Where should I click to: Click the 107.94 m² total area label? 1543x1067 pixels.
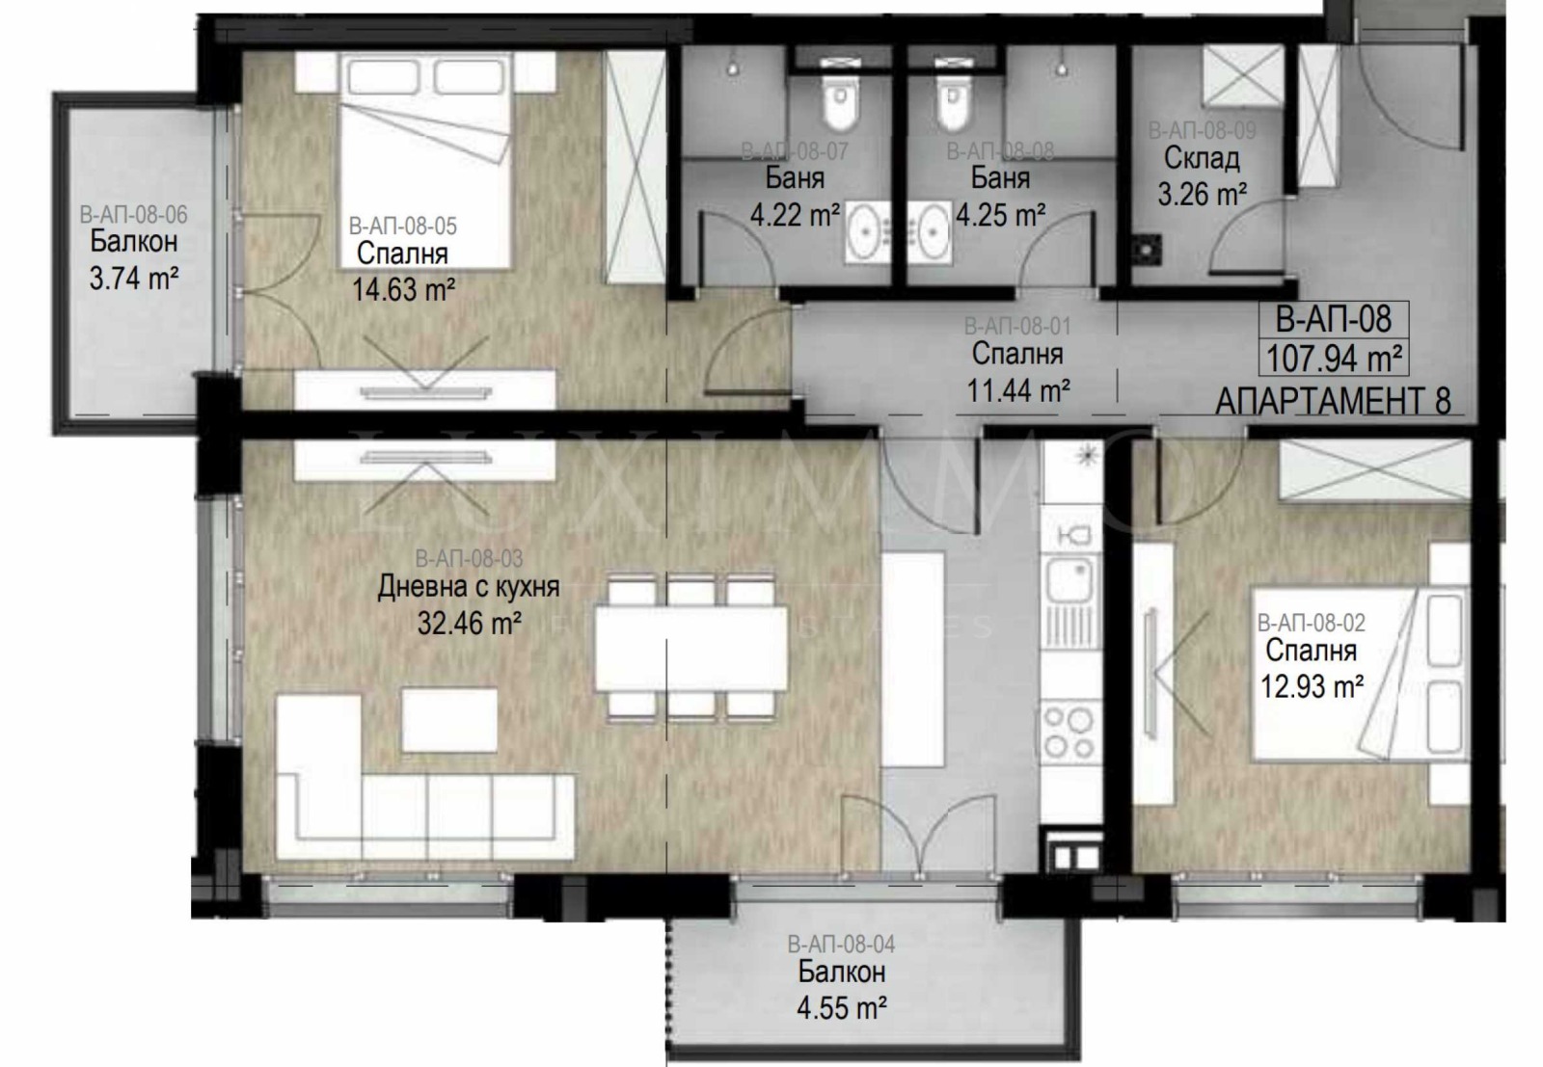coord(1333,359)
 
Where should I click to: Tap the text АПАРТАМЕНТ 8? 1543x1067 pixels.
coord(1333,400)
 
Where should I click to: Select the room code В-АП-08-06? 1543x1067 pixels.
coord(133,215)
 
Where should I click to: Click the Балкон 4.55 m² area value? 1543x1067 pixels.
coord(842,1008)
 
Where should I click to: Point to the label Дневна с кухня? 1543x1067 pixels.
coord(469,587)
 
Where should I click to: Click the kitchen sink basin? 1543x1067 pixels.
coord(1067,579)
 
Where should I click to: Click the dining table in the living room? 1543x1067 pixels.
coord(690,647)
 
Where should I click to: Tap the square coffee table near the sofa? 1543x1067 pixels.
coord(449,719)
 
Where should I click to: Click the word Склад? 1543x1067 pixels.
coord(1202,157)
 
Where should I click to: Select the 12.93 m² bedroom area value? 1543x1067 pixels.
coord(1312,687)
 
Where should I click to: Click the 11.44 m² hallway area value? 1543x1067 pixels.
coord(1017,390)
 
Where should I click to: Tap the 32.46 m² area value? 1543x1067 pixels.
coord(470,623)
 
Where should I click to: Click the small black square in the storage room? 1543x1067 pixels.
coord(1146,250)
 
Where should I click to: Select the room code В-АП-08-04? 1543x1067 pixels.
coord(841,945)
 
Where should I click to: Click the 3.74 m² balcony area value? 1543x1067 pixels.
coord(133,279)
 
